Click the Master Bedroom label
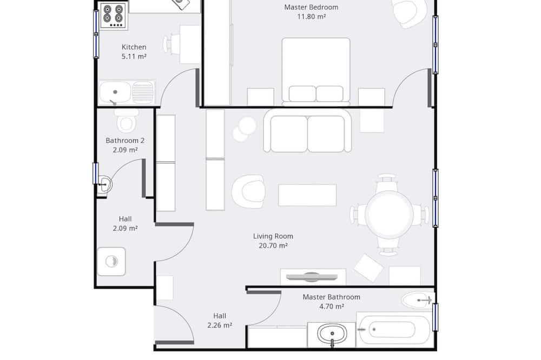pyautogui.click(x=311, y=7)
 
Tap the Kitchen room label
pyautogui.click(x=134, y=47)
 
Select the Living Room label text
pyautogui.click(x=273, y=236)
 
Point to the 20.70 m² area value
pyautogui.click(x=273, y=245)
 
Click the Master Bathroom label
pyautogui.click(x=331, y=297)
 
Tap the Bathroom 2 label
pyautogui.click(x=125, y=141)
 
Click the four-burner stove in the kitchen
pyautogui.click(x=114, y=16)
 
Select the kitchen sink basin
pyautogui.click(x=115, y=92)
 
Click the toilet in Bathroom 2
pyautogui.click(x=126, y=121)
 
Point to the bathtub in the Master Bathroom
pyautogui.click(x=393, y=330)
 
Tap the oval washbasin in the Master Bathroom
pyautogui.click(x=332, y=334)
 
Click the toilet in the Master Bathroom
pyautogui.click(x=418, y=301)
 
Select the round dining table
pyautogui.click(x=389, y=214)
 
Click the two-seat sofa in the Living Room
pyautogui.click(x=307, y=131)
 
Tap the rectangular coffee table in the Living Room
pyautogui.click(x=307, y=195)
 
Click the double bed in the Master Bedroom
pyautogui.click(x=316, y=71)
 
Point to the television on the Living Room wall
pyautogui.click(x=312, y=277)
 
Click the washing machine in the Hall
pyautogui.click(x=111, y=262)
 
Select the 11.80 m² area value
pyautogui.click(x=312, y=17)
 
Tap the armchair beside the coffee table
pyautogui.click(x=248, y=191)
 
